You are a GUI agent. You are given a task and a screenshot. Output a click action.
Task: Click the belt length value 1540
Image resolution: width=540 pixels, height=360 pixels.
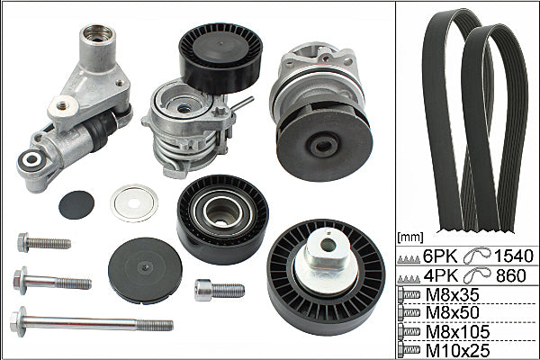point(514,256)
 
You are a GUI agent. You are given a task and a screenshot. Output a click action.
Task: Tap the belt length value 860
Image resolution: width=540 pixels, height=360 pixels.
point(511,275)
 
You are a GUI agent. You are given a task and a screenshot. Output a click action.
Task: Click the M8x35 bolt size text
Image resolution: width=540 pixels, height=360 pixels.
point(452,294)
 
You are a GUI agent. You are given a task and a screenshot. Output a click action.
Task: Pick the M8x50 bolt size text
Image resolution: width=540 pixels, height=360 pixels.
point(452,312)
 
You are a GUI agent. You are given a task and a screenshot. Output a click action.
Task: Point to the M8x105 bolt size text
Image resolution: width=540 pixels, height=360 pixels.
point(457,332)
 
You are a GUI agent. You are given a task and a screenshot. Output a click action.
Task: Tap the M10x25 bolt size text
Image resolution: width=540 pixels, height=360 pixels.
point(457,351)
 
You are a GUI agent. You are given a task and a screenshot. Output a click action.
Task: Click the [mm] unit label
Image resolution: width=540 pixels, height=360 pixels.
point(409,237)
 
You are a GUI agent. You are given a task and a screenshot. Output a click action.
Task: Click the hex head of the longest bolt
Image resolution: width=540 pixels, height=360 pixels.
point(18,322)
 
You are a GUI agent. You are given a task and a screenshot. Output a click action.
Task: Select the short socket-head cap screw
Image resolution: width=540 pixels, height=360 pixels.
point(220,290)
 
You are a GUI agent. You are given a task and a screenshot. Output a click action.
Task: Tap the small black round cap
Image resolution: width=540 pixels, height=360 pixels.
point(76,205)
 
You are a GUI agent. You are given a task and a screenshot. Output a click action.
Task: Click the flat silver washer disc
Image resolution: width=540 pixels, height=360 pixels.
point(134,203)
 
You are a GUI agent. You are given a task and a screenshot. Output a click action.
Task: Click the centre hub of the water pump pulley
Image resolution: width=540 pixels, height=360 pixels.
point(323,146)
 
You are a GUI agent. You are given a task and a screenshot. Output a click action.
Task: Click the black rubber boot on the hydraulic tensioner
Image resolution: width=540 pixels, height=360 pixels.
point(103,127)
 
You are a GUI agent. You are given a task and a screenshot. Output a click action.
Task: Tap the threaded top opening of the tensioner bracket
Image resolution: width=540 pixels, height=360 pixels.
point(97,33)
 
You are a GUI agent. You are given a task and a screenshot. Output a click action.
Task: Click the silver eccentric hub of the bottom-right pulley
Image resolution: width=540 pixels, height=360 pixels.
point(326,254)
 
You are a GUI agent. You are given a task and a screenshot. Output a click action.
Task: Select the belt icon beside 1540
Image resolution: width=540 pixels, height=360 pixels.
point(477,256)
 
